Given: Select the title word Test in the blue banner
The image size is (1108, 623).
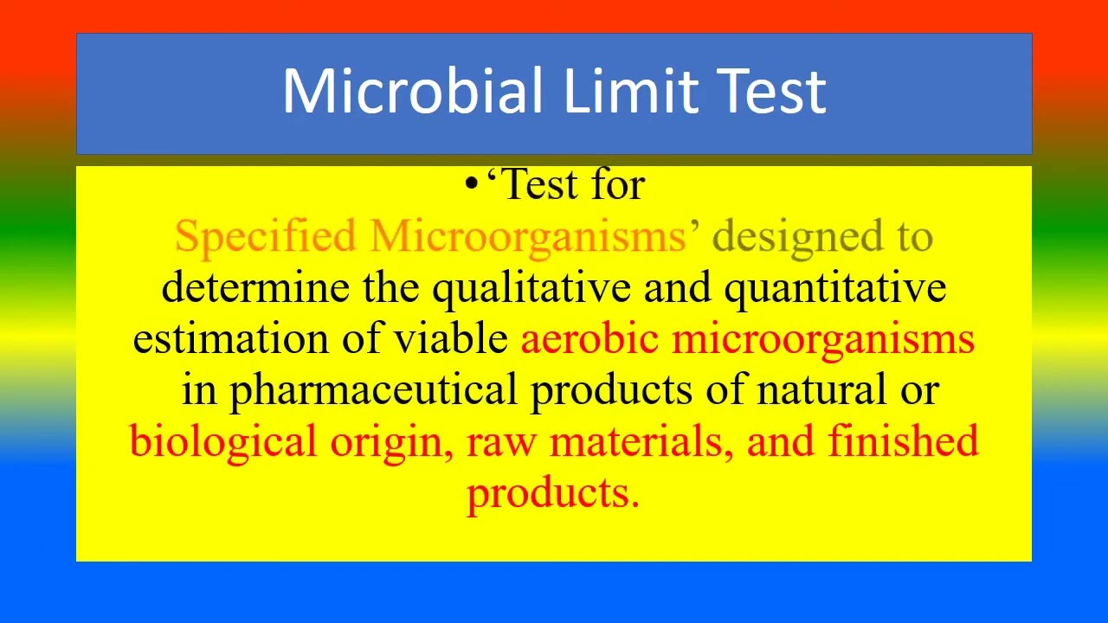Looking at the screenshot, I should pos(772,91).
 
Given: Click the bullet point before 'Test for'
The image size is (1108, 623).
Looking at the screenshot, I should pos(471,183).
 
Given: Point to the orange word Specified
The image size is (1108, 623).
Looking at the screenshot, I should pos(265,236).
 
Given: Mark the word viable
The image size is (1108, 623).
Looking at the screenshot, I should pos(451,338).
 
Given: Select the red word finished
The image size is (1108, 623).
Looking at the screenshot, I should pos(903,440).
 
